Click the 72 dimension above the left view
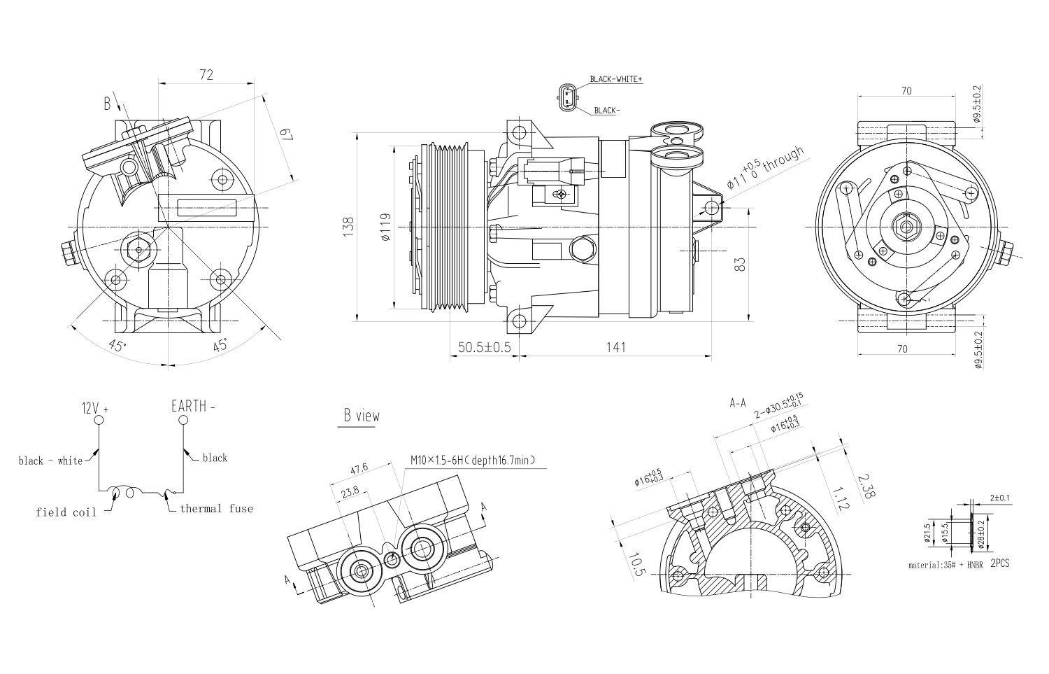click(206, 74)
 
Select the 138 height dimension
click(349, 226)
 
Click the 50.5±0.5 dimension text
click(484, 347)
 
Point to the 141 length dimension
click(615, 347)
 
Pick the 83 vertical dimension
click(741, 264)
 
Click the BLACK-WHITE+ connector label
click(615, 79)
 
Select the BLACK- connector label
click(606, 111)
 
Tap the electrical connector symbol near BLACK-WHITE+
click(566, 97)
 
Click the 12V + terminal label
click(95, 407)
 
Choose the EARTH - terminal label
click(193, 406)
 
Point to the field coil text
click(66, 512)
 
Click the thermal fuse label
click(216, 509)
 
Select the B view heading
click(361, 416)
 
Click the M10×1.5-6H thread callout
click(473, 460)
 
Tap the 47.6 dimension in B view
click(359, 468)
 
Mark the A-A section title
click(738, 403)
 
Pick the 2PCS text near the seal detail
click(999, 563)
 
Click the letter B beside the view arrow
click(108, 104)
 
